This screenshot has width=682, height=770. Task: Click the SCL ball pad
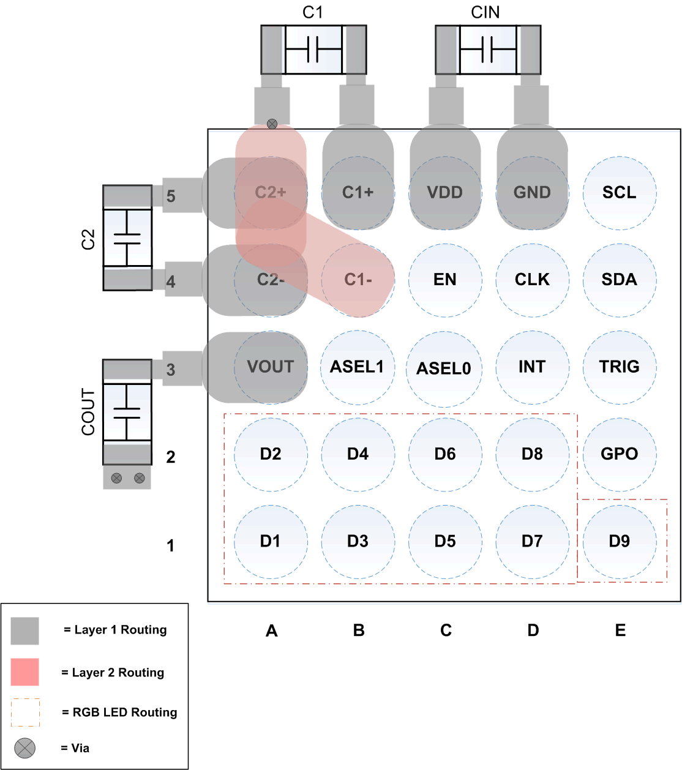(620, 193)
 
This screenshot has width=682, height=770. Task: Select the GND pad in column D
(532, 193)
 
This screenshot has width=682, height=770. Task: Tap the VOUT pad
(271, 367)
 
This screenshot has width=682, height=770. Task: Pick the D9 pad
(620, 541)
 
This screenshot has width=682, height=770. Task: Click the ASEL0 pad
(444, 368)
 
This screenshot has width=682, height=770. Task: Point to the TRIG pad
(620, 367)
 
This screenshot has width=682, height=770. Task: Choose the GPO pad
(620, 454)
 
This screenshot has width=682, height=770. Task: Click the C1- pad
(358, 280)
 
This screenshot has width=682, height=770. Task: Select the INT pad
(532, 367)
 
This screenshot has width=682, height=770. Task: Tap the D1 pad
(271, 541)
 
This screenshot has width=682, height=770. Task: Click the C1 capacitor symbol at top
(313, 50)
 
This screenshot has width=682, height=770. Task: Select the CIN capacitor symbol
(488, 50)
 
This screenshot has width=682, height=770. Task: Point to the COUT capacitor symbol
(127, 412)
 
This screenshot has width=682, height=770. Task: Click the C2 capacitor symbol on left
(127, 237)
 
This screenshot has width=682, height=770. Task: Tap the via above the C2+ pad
(272, 124)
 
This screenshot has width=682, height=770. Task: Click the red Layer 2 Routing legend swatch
(25, 672)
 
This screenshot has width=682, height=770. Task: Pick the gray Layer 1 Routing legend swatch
(25, 630)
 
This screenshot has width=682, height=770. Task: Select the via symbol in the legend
(25, 748)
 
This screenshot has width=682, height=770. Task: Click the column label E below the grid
(620, 630)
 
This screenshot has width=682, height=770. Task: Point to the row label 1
(171, 545)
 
